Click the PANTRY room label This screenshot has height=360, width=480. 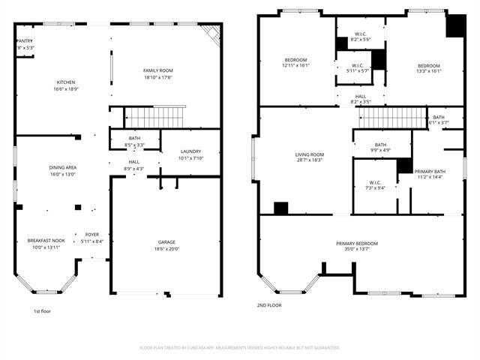(x=25, y=41)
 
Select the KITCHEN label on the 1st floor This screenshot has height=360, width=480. (x=65, y=82)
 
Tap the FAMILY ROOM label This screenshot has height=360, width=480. (x=158, y=70)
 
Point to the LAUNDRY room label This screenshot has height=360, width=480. (x=190, y=151)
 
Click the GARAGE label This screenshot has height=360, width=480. (x=166, y=242)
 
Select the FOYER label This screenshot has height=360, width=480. (x=91, y=235)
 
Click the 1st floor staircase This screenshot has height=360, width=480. (x=154, y=117)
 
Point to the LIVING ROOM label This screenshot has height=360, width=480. (x=308, y=154)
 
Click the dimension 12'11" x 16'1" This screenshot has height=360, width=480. (x=296, y=65)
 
